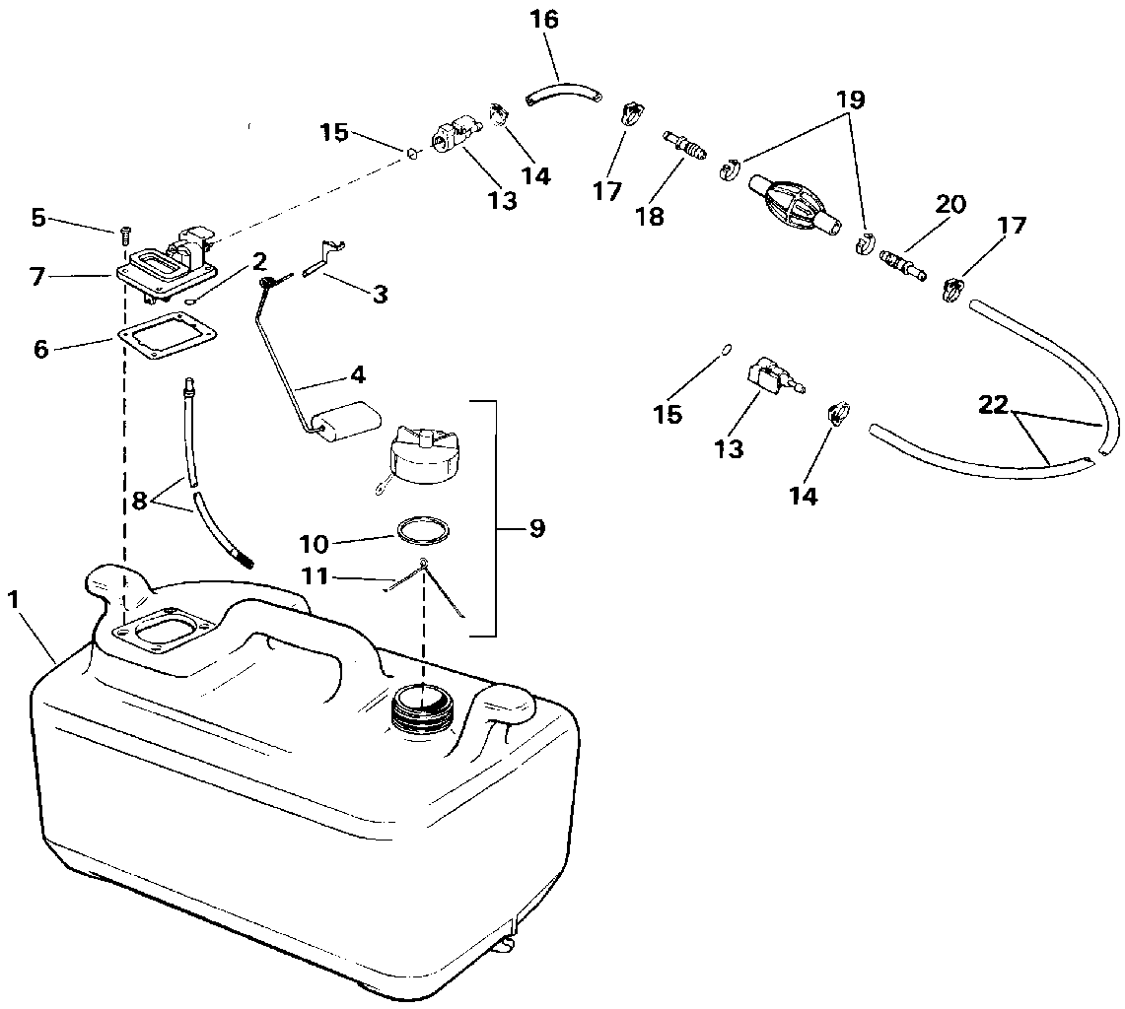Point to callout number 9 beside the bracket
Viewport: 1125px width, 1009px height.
click(x=536, y=529)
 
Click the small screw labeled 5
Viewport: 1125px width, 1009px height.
click(x=123, y=233)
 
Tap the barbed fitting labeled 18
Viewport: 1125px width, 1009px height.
click(x=687, y=145)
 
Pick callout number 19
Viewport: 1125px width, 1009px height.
click(x=851, y=99)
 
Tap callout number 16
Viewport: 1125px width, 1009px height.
click(x=544, y=19)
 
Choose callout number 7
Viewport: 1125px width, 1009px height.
click(x=37, y=277)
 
